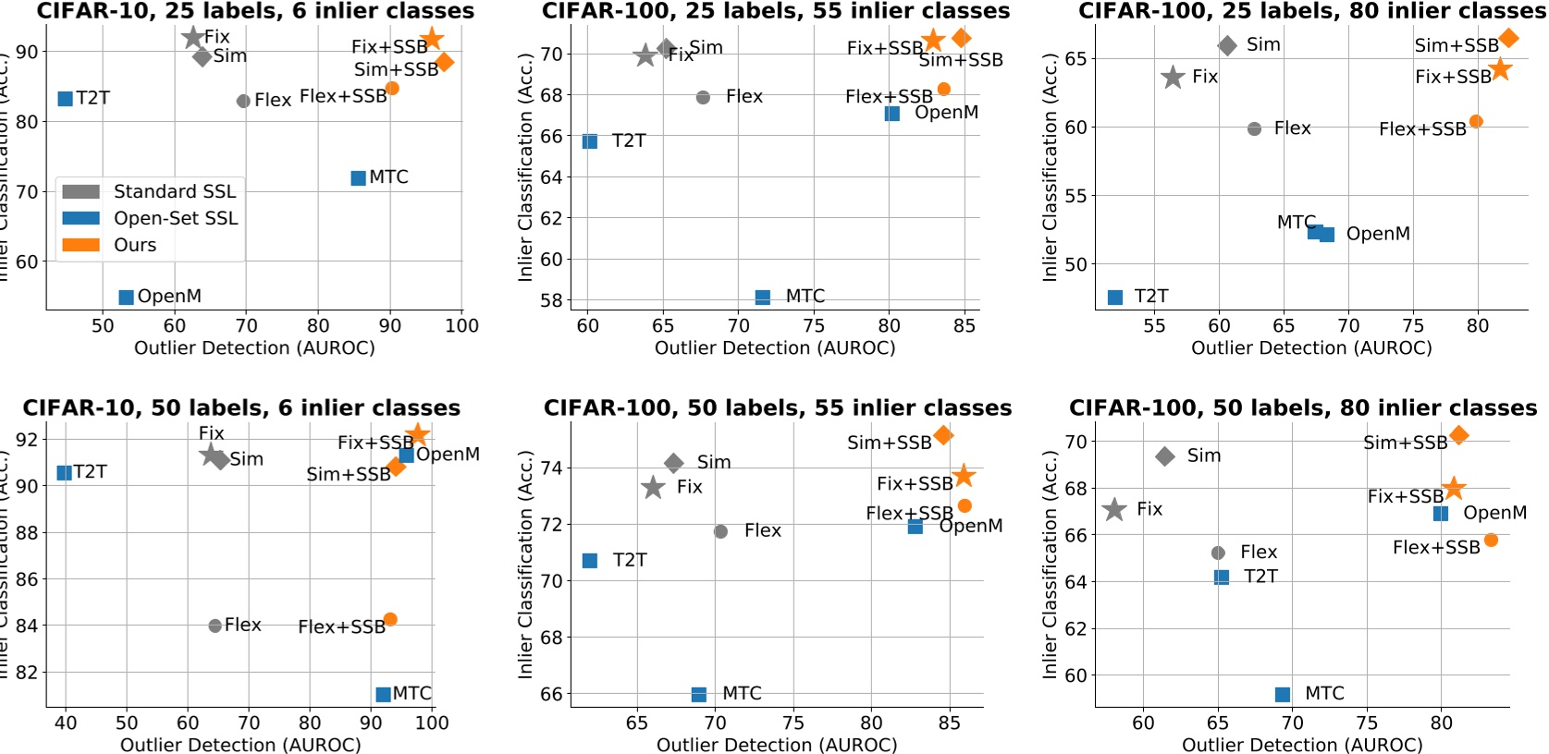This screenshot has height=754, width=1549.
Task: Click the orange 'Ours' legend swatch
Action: click(80, 245)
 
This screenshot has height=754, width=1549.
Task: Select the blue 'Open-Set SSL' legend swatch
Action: click(80, 218)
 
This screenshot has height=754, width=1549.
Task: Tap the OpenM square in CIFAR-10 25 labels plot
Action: click(127, 298)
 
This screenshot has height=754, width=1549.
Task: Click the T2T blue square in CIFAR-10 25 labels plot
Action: click(65, 99)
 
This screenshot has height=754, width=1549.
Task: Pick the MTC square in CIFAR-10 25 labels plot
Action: click(358, 178)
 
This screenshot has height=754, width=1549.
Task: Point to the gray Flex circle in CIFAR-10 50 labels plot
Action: click(215, 626)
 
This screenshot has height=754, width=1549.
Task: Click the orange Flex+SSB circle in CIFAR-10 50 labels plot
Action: click(390, 619)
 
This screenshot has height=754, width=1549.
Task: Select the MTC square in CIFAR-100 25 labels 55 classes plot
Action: click(762, 298)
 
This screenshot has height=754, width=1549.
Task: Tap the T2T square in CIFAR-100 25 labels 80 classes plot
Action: click(1114, 298)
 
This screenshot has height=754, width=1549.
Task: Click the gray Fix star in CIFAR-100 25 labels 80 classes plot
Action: click(1173, 78)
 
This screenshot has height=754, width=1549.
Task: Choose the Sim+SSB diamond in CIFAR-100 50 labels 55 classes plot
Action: click(943, 435)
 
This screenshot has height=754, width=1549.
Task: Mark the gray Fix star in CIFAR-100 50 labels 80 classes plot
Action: click(1114, 509)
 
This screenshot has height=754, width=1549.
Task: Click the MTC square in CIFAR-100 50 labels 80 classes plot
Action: click(1282, 695)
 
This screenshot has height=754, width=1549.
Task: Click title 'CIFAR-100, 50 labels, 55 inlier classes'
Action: click(777, 407)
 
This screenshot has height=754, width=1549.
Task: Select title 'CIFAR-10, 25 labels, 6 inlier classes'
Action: click(254, 11)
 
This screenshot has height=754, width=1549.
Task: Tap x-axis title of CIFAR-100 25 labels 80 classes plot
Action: click(1311, 348)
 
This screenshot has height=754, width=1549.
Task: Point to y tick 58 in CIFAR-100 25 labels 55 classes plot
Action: click(551, 300)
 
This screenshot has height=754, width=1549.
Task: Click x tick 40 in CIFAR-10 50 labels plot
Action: click(66, 723)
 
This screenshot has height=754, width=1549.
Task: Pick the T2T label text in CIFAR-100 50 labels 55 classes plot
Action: click(629, 560)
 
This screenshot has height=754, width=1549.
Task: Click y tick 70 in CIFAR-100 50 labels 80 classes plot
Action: click(1076, 442)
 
